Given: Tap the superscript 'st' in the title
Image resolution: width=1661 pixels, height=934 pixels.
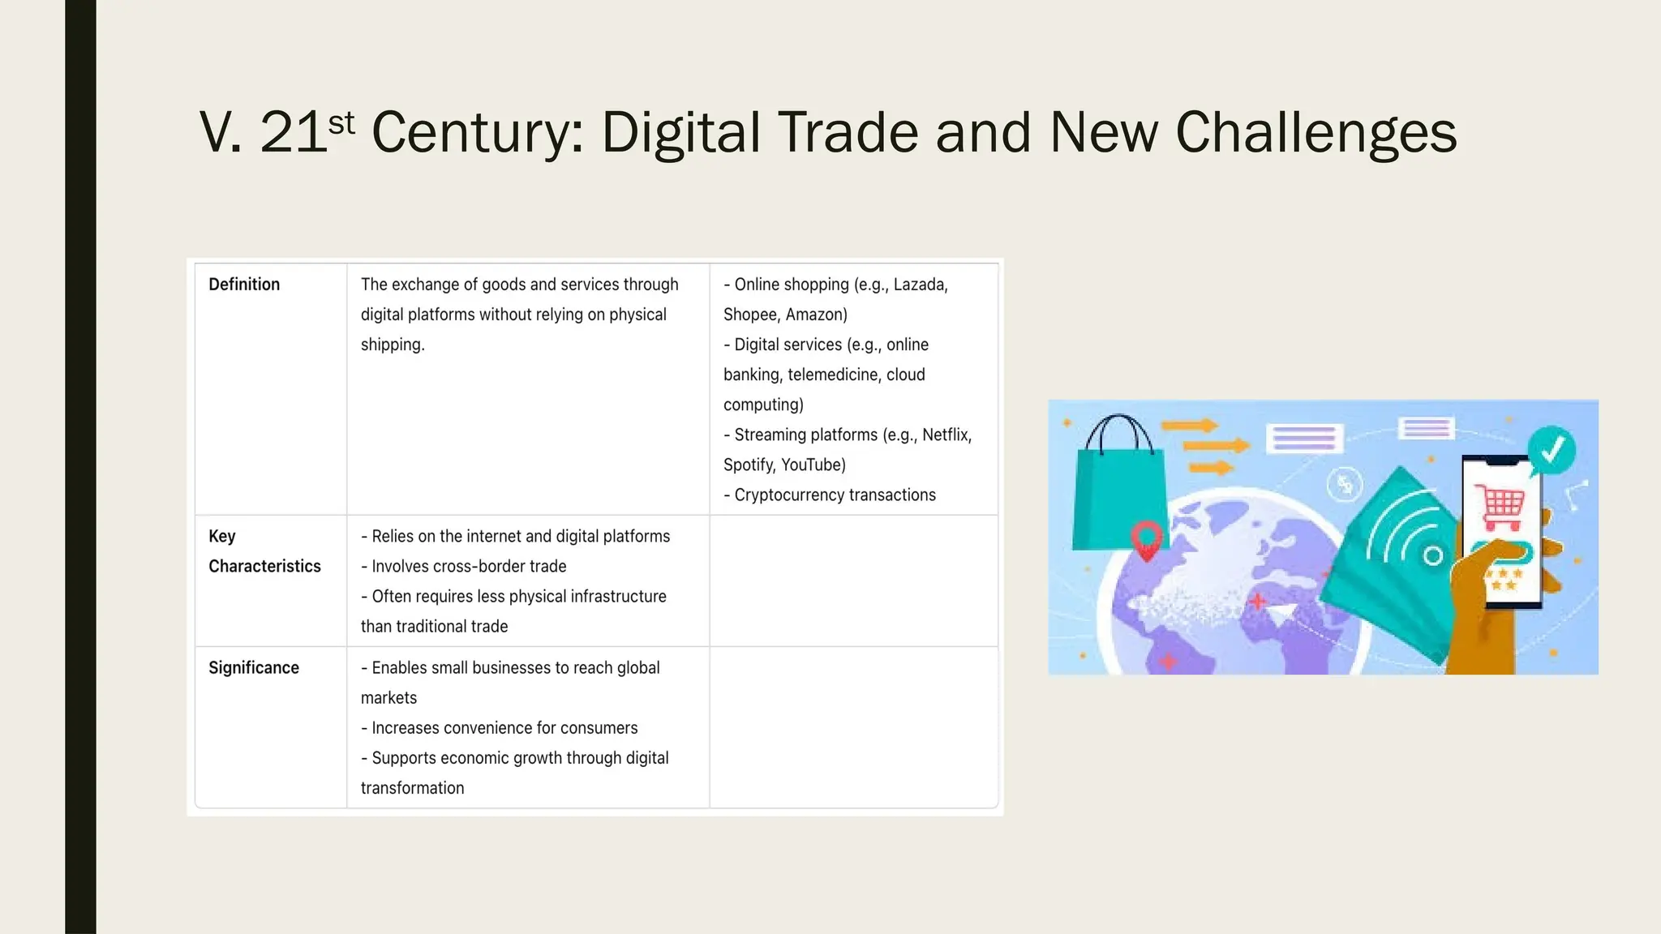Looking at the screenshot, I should pos(341,123).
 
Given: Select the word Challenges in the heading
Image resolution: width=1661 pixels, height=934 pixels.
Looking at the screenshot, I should pos(1315,133).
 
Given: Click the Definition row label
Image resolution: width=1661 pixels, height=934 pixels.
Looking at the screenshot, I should pos(244,285).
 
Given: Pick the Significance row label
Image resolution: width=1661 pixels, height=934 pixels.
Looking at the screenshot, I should pos(254,668).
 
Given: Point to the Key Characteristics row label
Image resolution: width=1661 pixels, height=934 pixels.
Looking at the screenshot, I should pos(264,551).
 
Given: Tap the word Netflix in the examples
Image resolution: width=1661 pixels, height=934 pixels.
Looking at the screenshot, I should pos(946,435).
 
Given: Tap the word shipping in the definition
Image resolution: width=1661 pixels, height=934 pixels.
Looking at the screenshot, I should pos(392,345).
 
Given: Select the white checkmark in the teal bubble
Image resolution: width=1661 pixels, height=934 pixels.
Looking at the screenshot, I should pos(1552,448).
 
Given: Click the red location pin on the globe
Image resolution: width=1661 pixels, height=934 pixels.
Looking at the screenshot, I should pos(1147,540).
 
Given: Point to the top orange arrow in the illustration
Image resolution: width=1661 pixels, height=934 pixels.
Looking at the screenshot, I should pos(1189,425).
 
